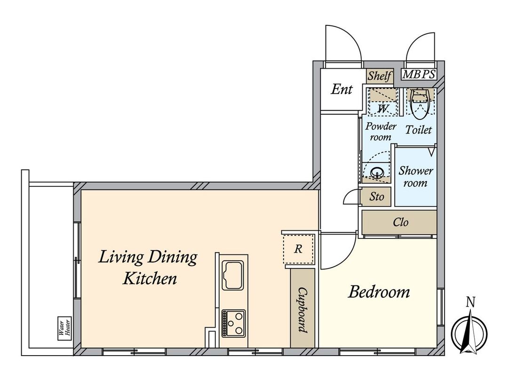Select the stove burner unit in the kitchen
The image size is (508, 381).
coord(233,323)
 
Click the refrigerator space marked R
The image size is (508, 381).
coord(298,249)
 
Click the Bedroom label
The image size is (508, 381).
coord(379,292)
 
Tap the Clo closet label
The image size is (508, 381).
coord(401,222)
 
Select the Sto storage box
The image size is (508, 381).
coord(376,197)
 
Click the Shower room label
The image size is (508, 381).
coord(416,176)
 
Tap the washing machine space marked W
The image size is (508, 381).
coord(383,109)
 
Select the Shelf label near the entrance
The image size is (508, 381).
coord(380,76)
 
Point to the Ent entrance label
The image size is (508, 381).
coord(341,89)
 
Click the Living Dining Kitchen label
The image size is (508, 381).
coord(148,268)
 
